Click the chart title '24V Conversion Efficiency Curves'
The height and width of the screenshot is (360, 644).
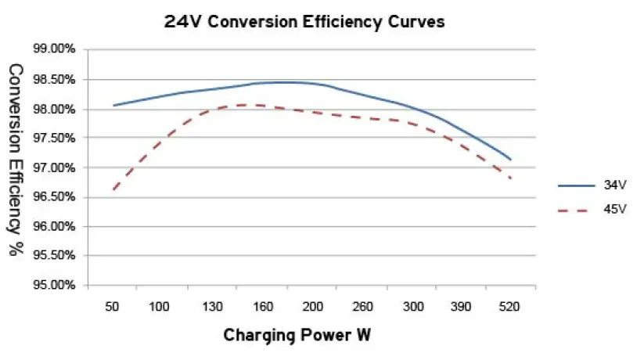304,22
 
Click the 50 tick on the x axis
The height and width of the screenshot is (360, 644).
112,308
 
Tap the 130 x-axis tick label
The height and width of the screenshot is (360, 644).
212,308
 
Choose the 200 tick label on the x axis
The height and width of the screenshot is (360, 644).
313,308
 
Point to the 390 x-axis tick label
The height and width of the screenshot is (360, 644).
461,308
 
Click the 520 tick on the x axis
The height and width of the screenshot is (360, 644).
511,308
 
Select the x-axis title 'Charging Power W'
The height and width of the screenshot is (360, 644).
297,336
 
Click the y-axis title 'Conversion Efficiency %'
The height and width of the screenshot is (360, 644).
16,160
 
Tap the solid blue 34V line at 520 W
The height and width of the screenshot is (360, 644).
511,160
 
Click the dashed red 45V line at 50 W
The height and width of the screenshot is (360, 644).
113,189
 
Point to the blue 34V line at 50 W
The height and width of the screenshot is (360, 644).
113,105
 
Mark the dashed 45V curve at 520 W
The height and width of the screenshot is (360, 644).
511,178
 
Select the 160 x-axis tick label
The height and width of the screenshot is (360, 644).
263,308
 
